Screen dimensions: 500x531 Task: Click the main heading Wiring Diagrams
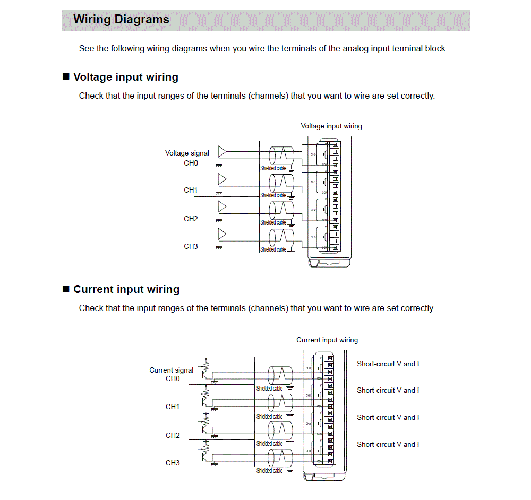(121, 20)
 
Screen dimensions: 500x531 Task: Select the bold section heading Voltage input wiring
(125, 77)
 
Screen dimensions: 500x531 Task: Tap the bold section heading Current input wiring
(126, 289)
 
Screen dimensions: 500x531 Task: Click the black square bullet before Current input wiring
(66, 289)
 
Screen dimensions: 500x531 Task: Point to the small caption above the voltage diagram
(331, 126)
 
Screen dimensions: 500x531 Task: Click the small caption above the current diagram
(327, 340)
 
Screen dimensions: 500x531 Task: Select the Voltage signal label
(187, 153)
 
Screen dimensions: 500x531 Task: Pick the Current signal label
(171, 370)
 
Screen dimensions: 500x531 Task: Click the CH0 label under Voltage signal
(191, 163)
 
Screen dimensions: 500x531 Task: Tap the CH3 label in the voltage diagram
(191, 246)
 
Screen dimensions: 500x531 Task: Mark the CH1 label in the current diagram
(173, 407)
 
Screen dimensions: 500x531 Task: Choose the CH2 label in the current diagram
(173, 435)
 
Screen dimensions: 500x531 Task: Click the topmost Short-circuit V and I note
(388, 364)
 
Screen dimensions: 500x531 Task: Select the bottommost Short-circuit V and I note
(388, 444)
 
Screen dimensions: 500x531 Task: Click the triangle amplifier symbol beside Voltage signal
(222, 151)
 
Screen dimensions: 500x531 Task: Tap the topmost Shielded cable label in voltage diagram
(273, 168)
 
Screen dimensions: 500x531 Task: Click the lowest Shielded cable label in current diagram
(269, 471)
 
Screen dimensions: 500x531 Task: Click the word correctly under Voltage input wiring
(417, 96)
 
